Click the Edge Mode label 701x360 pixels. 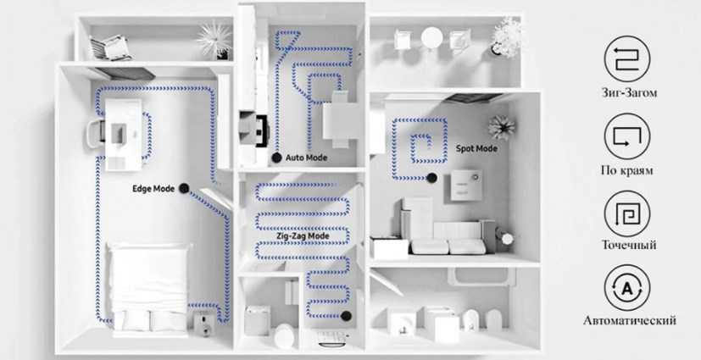[153, 189]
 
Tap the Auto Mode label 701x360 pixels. [305, 158]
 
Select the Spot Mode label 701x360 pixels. [476, 148]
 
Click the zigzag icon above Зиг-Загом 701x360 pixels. [627, 58]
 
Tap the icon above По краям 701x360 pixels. [627, 135]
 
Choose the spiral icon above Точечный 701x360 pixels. [627, 213]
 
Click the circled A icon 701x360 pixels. [627, 288]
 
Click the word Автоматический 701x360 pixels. [629, 321]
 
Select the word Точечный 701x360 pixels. [628, 245]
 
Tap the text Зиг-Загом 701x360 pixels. [628, 92]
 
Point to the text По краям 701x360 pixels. [627, 169]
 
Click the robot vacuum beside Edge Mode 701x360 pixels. [182, 189]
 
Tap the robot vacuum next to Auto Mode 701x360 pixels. [276, 158]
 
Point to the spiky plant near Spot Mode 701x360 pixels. [501, 127]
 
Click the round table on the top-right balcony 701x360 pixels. [432, 37]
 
